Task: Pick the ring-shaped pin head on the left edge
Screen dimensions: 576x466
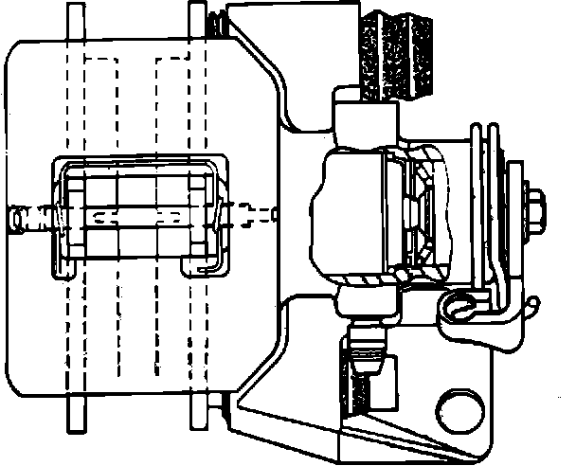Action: [x=19, y=219]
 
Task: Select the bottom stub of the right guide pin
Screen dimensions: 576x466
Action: [x=198, y=409]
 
